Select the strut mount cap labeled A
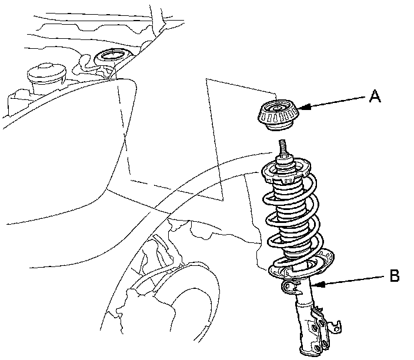coord(276,116)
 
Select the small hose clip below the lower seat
coord(289,286)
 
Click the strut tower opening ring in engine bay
coord(110,58)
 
